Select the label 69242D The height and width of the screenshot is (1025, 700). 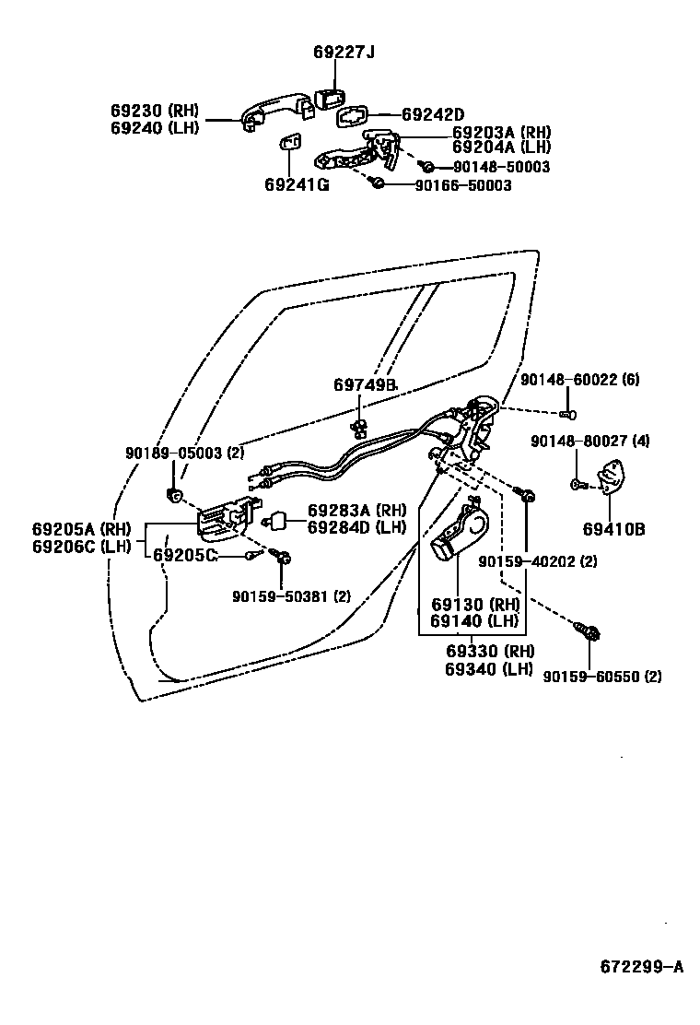(x=433, y=114)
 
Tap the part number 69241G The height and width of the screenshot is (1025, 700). (x=297, y=184)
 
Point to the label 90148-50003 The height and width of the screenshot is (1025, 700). (x=501, y=167)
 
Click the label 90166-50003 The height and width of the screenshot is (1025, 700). (x=462, y=185)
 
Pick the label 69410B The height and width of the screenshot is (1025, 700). (x=613, y=529)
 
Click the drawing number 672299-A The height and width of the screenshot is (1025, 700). (x=642, y=967)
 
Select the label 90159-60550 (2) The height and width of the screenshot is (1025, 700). (x=602, y=676)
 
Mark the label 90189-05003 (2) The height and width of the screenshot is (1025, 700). (x=185, y=453)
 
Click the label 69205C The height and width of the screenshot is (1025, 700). (x=185, y=555)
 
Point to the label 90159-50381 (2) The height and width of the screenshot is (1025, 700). (x=291, y=595)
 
